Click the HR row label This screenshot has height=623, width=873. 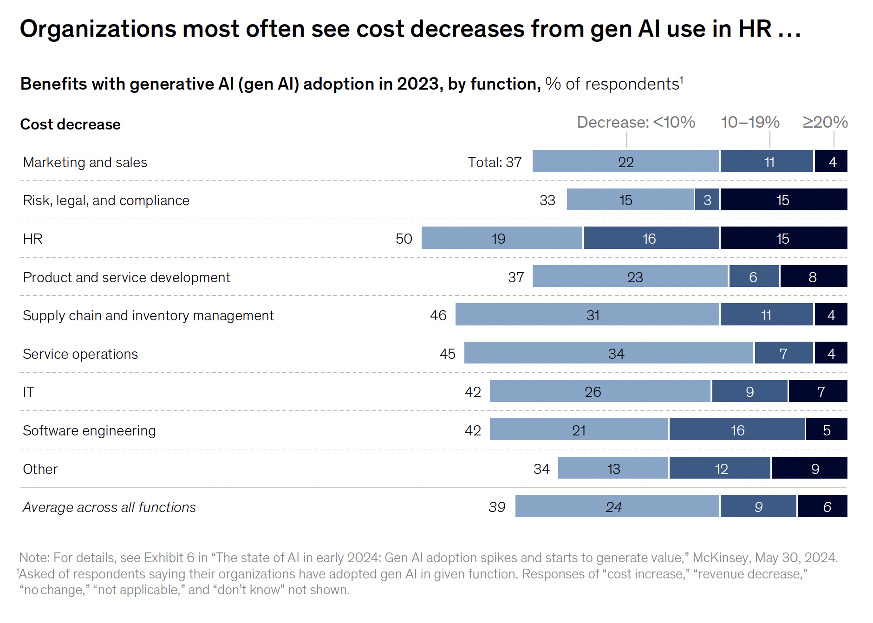(33, 239)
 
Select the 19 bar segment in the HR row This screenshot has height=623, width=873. (502, 238)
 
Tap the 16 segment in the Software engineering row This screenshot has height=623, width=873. (737, 430)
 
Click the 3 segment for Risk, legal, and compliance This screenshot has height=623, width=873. (707, 200)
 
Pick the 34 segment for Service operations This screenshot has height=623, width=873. (608, 353)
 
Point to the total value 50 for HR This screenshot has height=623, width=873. (404, 239)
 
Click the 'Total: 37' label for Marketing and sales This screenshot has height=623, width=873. (495, 162)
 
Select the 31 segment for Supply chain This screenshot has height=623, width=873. (587, 315)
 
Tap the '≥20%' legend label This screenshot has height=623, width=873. (825, 122)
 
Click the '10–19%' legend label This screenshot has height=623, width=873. (750, 122)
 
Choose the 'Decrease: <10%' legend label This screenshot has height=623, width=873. (636, 122)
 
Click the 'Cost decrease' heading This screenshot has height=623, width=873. (70, 124)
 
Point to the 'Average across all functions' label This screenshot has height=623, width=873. (109, 507)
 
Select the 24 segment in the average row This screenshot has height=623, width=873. (617, 506)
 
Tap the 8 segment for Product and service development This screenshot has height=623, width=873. (814, 277)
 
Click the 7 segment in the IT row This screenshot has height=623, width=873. (818, 391)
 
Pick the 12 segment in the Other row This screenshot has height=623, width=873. (720, 468)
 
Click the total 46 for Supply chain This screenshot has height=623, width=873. (438, 315)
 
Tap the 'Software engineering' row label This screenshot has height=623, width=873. (89, 430)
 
